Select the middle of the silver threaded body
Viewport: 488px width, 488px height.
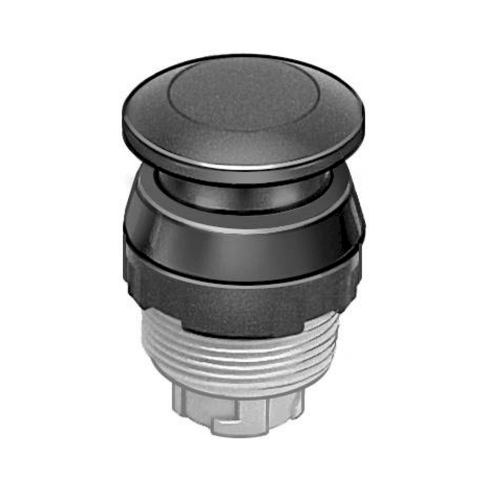point(243,359)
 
